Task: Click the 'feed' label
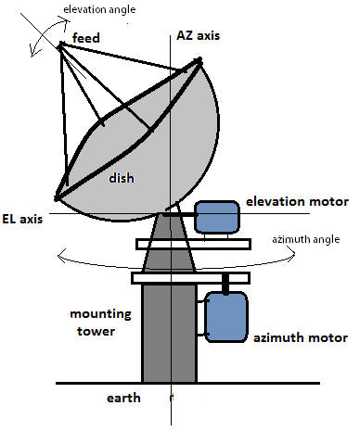pos(93,39)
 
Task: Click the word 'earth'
pos(123,399)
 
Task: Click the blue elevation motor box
pos(216,219)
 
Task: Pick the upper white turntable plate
pos(193,244)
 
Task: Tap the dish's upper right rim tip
pos(198,63)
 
